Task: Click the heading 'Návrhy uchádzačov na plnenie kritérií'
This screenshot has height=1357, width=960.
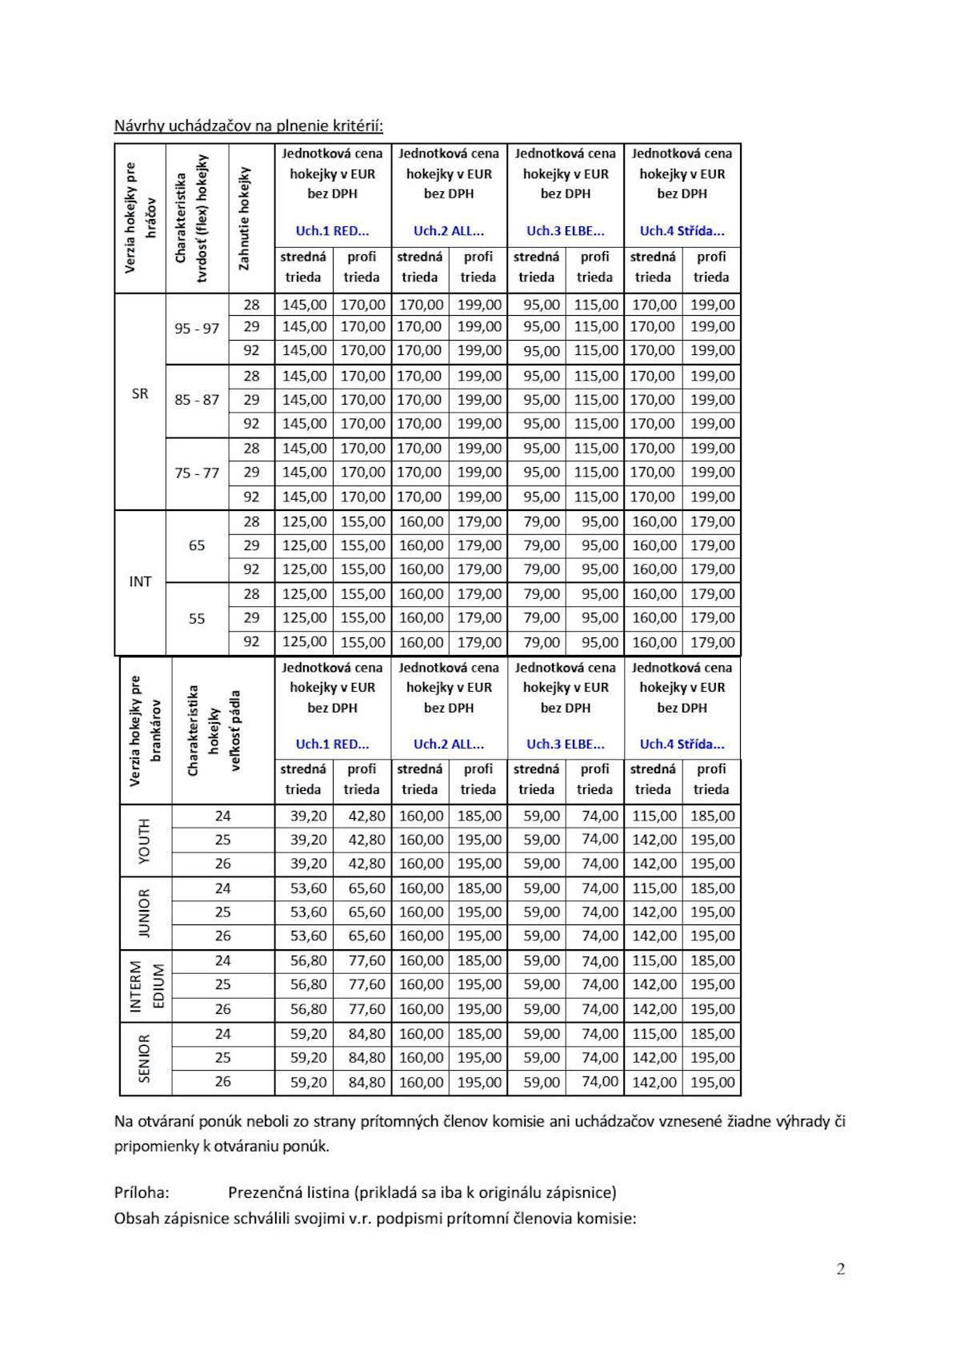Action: (248, 126)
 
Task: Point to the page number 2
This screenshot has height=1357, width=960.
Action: (840, 1269)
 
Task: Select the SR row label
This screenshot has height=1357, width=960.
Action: (140, 393)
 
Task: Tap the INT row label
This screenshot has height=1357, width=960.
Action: (140, 581)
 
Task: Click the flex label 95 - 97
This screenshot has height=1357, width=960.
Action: (197, 328)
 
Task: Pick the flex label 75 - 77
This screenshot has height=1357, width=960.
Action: (197, 473)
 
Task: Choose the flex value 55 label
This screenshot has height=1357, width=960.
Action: (197, 618)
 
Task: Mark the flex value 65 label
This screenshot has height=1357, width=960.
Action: (197, 545)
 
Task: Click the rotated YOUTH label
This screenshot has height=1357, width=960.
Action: (144, 840)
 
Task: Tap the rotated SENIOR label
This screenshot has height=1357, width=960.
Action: (144, 1059)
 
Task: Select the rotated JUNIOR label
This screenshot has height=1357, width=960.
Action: (144, 912)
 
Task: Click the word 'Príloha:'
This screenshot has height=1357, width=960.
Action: (142, 1192)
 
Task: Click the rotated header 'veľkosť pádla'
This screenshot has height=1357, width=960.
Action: (236, 730)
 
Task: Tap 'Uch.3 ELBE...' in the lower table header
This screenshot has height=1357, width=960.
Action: (566, 744)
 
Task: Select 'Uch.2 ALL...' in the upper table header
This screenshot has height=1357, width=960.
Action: (449, 231)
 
